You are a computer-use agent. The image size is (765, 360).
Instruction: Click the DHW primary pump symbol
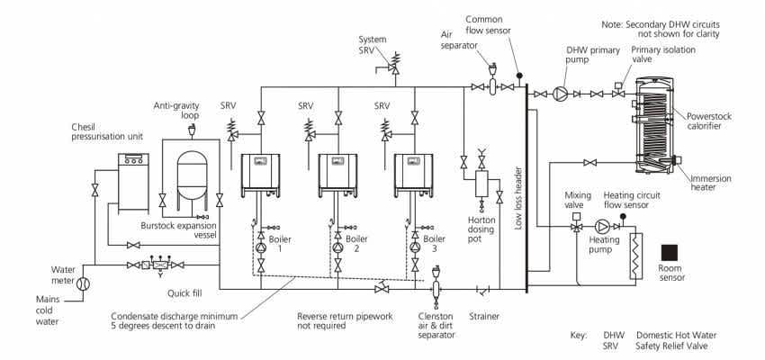click(x=560, y=94)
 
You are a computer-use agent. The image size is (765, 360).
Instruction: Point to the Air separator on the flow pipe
click(x=491, y=88)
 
